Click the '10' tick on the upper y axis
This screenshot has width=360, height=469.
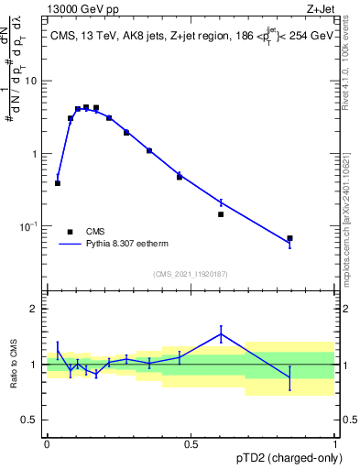pyautogui.click(x=30, y=81)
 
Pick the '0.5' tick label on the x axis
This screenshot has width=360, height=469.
pyautogui.click(x=191, y=442)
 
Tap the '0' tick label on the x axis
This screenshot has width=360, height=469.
pyautogui.click(x=47, y=442)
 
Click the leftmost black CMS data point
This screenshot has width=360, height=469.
pyautogui.click(x=58, y=183)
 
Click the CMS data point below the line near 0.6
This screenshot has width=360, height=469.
pyautogui.click(x=221, y=214)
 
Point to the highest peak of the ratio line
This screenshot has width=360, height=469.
pyautogui.click(x=221, y=333)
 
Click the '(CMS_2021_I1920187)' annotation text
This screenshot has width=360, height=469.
pyautogui.click(x=190, y=273)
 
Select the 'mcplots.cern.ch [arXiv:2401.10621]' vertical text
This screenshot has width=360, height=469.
pyautogui.click(x=344, y=198)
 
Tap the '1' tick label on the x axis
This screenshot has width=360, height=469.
pyautogui.click(x=334, y=442)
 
